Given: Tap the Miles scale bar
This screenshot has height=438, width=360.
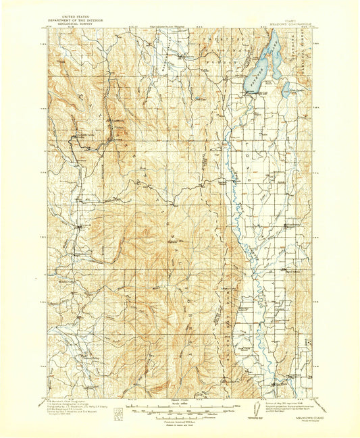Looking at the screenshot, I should (180, 407).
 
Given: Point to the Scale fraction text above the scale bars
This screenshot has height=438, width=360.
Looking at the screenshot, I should (180, 402).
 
